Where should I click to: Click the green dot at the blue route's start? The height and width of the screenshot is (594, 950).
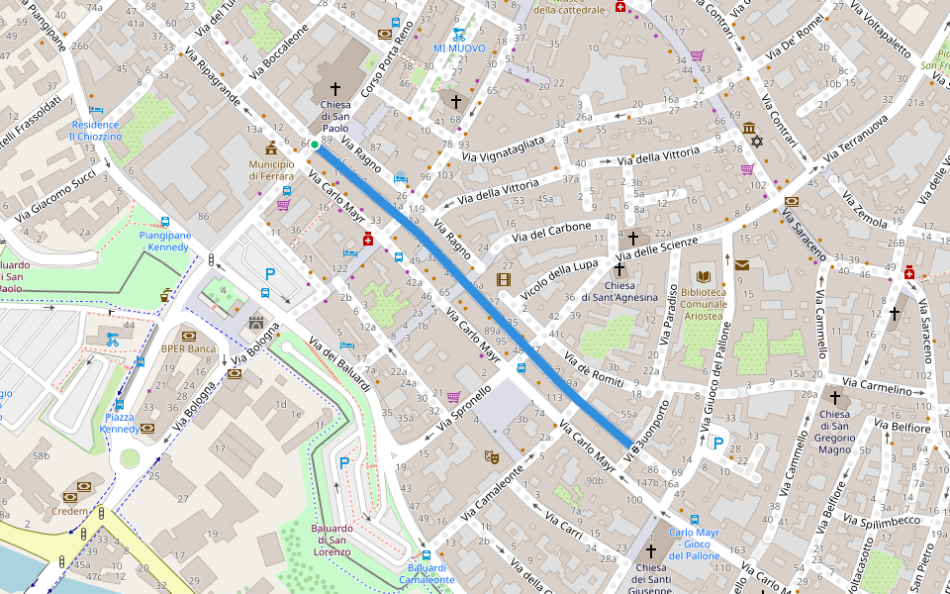click(315, 146)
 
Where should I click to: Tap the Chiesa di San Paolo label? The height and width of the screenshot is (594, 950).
click(334, 116)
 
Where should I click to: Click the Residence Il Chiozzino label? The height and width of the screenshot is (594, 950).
click(95, 131)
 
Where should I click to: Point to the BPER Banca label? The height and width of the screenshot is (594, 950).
click(188, 348)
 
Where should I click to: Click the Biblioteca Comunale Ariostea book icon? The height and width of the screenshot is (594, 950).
click(704, 276)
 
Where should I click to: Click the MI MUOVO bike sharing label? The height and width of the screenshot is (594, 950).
click(458, 48)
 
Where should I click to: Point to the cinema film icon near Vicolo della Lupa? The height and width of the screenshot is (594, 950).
click(506, 280)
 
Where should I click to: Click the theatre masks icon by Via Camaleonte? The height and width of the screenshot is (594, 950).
click(490, 456)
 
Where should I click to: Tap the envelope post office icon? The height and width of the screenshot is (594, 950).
click(742, 264)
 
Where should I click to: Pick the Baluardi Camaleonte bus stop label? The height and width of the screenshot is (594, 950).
click(427, 573)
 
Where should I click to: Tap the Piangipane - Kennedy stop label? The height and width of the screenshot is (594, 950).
click(164, 241)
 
